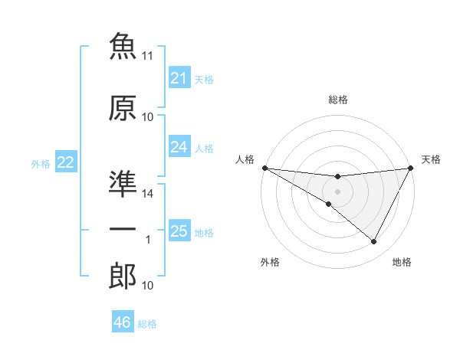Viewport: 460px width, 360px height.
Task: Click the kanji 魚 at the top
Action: click(123, 46)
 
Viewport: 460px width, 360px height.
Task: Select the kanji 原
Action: click(123, 108)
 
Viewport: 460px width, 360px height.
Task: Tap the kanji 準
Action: click(123, 184)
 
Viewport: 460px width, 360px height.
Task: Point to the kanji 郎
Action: click(123, 276)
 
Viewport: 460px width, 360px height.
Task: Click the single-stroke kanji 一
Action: click(123, 229)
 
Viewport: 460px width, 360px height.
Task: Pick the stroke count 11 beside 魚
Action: click(147, 56)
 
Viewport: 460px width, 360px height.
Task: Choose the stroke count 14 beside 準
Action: click(147, 194)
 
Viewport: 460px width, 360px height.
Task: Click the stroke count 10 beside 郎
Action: click(147, 285)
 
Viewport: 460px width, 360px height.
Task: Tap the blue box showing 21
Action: click(179, 77)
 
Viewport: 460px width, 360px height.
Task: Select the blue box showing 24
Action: click(179, 146)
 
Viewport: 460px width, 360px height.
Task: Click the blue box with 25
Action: click(179, 230)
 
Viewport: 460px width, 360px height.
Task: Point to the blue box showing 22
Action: click(66, 162)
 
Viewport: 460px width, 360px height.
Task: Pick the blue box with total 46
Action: click(123, 321)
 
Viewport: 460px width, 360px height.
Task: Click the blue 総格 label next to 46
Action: click(147, 324)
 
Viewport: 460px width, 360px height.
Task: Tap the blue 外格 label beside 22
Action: click(41, 164)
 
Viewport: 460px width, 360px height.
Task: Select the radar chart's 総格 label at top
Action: click(338, 100)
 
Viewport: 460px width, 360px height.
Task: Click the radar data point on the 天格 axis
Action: click(411, 168)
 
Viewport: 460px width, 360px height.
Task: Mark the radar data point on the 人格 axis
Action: click(265, 168)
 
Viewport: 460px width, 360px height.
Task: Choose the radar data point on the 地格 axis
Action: click(373, 241)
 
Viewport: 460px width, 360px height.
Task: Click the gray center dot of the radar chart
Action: click(337, 191)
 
